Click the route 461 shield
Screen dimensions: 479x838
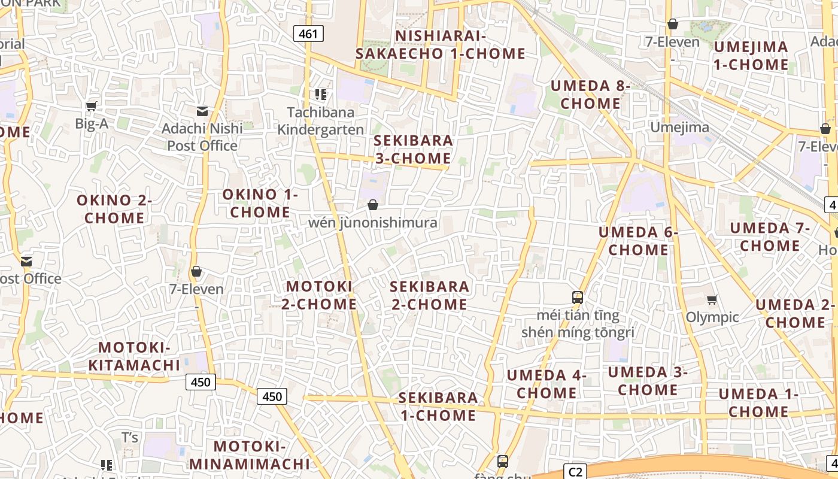[x=308, y=34]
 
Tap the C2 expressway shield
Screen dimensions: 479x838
[x=575, y=471]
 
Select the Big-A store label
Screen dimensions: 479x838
[x=92, y=124]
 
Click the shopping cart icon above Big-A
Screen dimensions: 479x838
[x=91, y=107]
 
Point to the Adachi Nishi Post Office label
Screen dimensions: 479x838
[x=202, y=137]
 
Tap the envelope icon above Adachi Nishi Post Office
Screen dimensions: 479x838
[x=202, y=111]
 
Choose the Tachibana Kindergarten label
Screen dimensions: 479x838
[x=321, y=121]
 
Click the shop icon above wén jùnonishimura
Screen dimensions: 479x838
[x=373, y=205]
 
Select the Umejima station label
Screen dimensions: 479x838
[x=679, y=127]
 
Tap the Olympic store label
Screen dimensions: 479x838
[x=712, y=317]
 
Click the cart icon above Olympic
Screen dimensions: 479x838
[x=712, y=299]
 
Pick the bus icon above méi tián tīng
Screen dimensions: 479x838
[x=578, y=297]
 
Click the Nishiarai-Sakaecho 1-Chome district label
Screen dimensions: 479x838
[x=441, y=44]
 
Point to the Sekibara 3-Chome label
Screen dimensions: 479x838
[x=413, y=149]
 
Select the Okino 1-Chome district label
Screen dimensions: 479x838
[x=260, y=203]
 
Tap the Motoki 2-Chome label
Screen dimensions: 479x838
[x=319, y=295]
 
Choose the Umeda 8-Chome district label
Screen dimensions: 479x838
[x=590, y=94]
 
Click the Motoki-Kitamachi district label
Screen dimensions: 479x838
[x=135, y=356]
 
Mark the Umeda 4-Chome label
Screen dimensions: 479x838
[x=546, y=384]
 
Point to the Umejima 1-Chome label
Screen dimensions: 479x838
[x=751, y=55]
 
